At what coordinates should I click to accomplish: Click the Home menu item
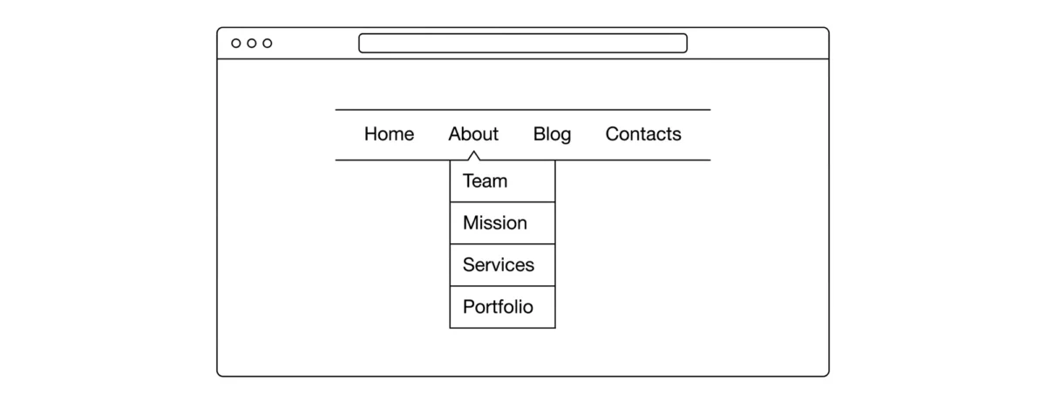[389, 134]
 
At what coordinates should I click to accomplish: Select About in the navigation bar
[473, 134]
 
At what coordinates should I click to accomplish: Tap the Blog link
[552, 134]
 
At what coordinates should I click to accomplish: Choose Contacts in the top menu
[643, 134]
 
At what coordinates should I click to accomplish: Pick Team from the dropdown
[485, 181]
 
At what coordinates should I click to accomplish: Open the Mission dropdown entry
[494, 223]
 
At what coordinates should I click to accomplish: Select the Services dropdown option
[499, 265]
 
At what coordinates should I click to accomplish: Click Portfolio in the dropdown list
[498, 307]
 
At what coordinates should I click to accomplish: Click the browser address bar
[522, 43]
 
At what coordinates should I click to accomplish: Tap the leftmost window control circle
[236, 44]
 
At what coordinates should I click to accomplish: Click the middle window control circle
[252, 44]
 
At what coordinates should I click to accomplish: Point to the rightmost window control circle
[267, 44]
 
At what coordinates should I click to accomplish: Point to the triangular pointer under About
[473, 155]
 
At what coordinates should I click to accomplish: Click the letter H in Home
[370, 134]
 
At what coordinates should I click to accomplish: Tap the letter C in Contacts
[612, 134]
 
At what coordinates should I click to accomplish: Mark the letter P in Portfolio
[468, 307]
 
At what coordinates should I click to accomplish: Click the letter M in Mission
[471, 223]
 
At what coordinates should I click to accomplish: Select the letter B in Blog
[540, 134]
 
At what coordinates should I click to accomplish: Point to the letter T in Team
[468, 181]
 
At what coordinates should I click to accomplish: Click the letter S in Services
[469, 265]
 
